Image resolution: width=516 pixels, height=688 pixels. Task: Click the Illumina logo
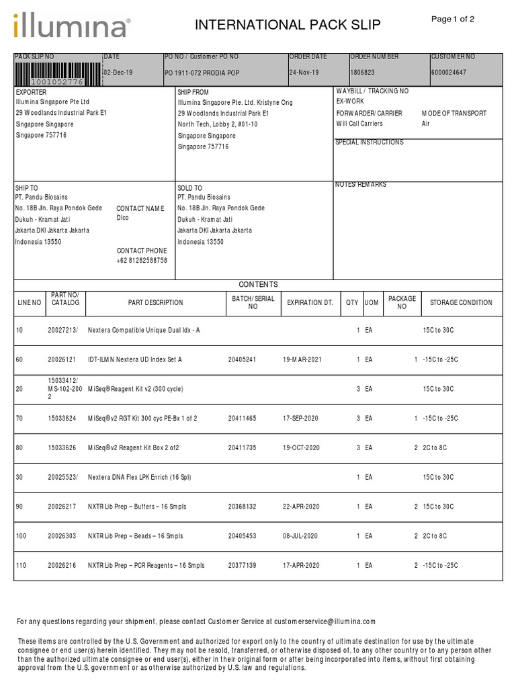coord(71,26)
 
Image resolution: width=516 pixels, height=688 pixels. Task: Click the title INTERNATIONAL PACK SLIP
coord(288,26)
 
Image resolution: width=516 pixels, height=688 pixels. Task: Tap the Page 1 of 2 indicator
coord(452,19)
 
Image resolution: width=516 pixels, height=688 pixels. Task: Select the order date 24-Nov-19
coord(304,73)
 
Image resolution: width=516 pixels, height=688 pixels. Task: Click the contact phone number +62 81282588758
coord(142,260)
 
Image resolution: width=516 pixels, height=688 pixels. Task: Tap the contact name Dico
coord(122,218)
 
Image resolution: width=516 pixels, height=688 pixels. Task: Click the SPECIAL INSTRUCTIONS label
coord(370,142)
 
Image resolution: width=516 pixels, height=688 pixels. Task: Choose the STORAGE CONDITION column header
coord(461,303)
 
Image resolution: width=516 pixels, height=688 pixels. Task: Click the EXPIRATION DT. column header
coord(310,303)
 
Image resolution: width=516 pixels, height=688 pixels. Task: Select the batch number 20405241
coord(242,359)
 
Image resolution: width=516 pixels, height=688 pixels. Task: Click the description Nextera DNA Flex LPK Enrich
coord(140,477)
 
